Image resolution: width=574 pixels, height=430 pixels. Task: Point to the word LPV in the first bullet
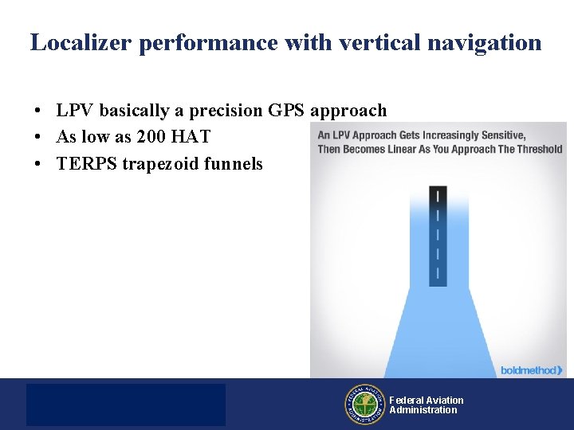click(x=74, y=111)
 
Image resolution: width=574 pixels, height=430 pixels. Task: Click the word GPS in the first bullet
click(x=288, y=111)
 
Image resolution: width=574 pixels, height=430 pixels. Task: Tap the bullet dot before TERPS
click(x=37, y=165)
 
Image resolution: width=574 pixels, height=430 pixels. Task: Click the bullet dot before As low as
click(x=37, y=138)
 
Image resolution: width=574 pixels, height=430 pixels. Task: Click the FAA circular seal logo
click(x=364, y=405)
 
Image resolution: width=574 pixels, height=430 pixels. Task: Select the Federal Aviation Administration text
click(x=426, y=405)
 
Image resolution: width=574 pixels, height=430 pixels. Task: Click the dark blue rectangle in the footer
click(x=126, y=405)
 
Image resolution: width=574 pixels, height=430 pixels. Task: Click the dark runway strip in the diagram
click(x=438, y=236)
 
